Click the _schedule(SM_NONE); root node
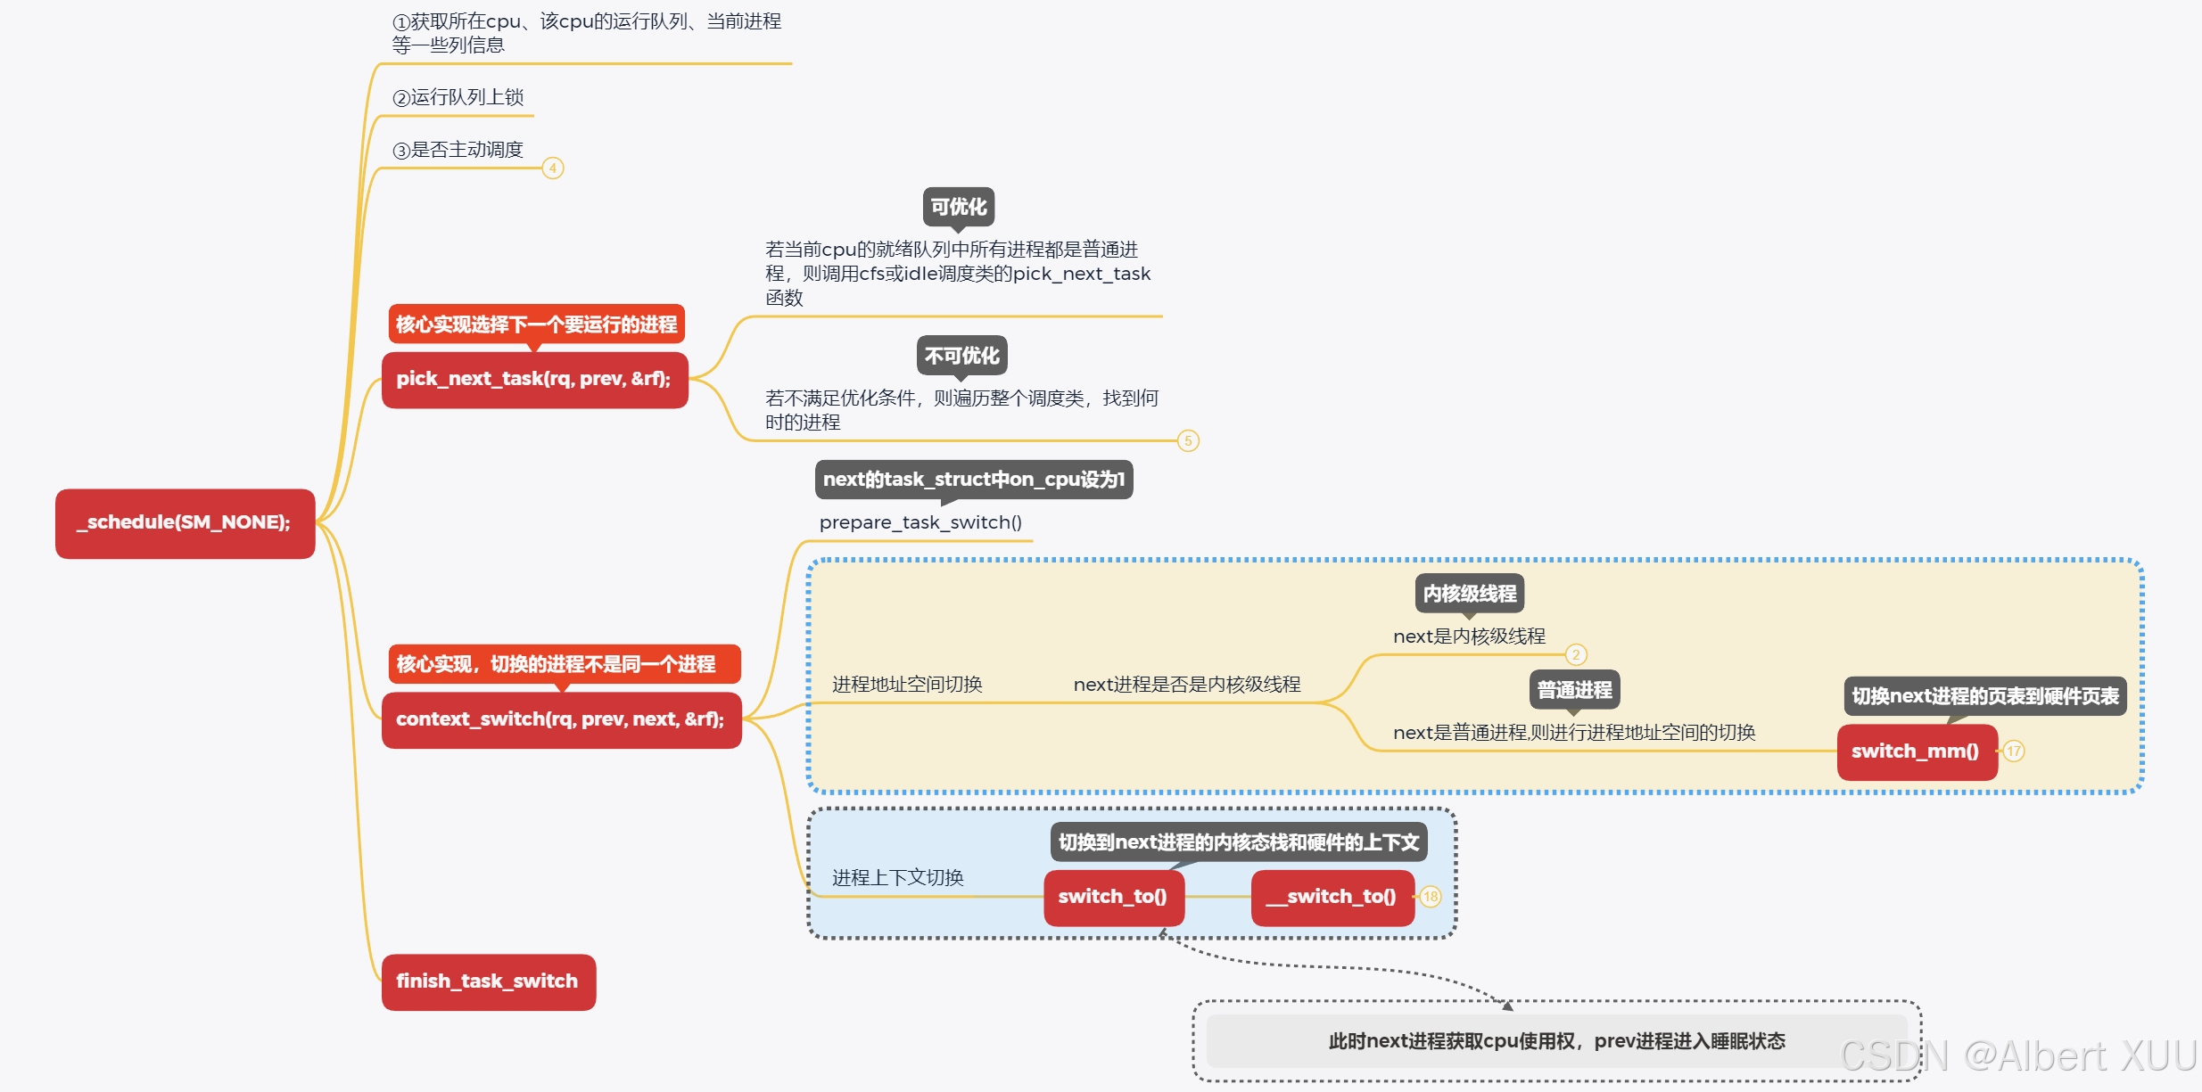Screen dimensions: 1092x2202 coord(185,523)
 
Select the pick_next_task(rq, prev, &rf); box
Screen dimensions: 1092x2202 coord(534,380)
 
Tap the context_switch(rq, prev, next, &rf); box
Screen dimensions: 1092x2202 coord(561,719)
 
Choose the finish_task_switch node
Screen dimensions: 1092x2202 coord(488,981)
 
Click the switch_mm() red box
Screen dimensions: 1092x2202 coord(1916,751)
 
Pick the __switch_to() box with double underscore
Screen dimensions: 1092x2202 coord(1332,897)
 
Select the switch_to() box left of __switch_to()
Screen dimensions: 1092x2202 coord(1113,897)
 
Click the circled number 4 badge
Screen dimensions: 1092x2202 coord(553,168)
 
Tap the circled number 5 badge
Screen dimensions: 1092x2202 coord(1188,440)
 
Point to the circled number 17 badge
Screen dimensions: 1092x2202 coord(2014,751)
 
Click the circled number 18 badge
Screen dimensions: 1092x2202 coord(1431,897)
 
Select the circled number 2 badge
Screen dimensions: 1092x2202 coord(1576,655)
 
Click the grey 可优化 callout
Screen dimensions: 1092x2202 coord(959,207)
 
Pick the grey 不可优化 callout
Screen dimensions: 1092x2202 coord(961,356)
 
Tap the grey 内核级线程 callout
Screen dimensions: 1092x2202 coord(1470,594)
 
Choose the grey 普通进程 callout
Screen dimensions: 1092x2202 coord(1574,690)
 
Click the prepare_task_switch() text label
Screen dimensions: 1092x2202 coord(920,522)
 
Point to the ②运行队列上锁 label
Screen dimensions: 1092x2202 coord(458,97)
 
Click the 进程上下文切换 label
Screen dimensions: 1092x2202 coord(897,878)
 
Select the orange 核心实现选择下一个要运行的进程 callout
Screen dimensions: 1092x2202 coord(536,324)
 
